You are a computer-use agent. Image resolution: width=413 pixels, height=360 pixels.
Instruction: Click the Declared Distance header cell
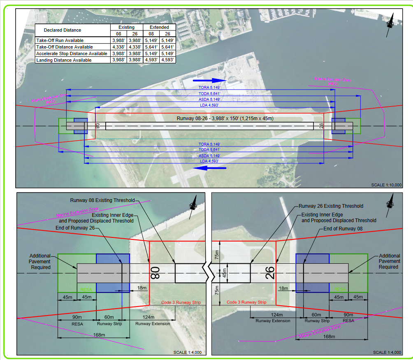[x=63, y=30]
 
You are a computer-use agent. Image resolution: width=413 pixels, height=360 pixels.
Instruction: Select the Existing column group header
[x=126, y=27]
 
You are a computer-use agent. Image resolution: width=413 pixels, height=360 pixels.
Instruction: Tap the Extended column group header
[x=159, y=27]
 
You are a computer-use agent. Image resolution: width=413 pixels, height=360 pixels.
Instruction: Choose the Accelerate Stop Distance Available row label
[x=72, y=53]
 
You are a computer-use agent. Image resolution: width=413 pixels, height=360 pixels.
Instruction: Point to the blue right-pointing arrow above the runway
[x=215, y=80]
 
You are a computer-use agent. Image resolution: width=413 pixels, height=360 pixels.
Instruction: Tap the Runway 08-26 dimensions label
[x=225, y=118]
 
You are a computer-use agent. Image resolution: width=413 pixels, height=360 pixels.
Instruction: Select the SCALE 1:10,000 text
[x=386, y=185]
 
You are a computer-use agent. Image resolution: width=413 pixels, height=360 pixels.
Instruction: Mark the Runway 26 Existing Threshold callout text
[x=331, y=206]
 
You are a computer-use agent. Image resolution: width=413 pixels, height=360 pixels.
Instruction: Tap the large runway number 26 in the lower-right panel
[x=270, y=273]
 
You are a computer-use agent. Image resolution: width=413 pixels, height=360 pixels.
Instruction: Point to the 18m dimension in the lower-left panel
[x=142, y=288]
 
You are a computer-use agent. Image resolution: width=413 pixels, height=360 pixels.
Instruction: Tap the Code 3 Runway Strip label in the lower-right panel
[x=246, y=302]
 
